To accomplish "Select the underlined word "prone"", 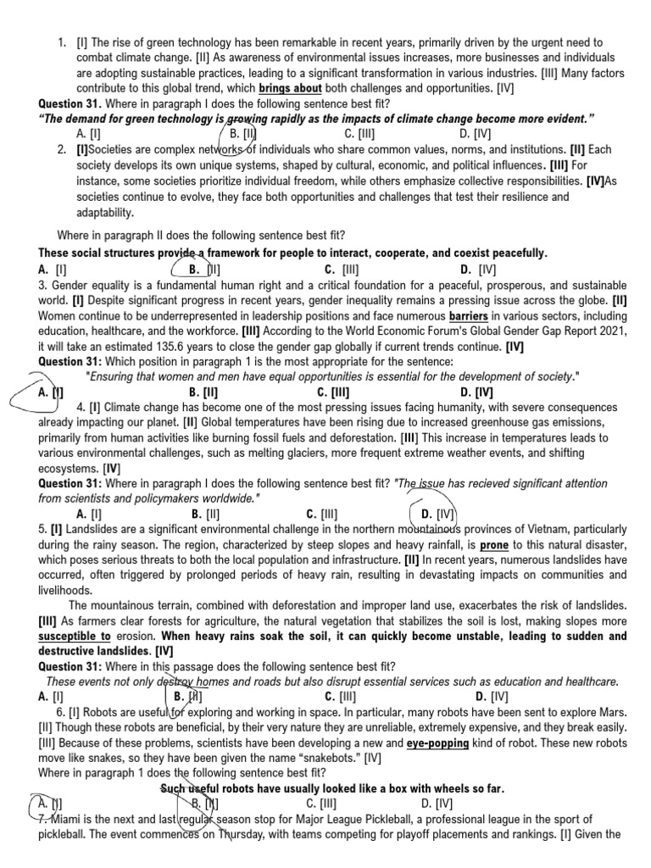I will pyautogui.click(x=496, y=545).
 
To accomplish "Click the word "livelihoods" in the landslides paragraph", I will pyautogui.click(x=66, y=589).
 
